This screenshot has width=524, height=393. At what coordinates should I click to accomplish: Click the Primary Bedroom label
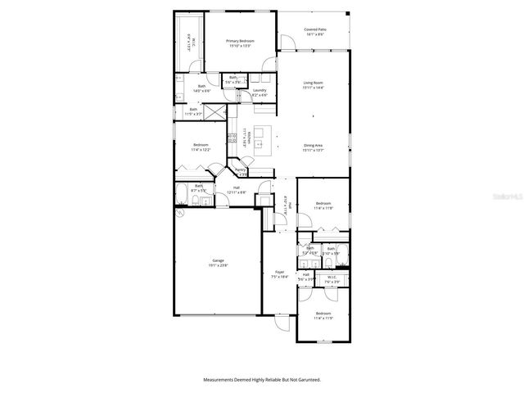tap(240, 43)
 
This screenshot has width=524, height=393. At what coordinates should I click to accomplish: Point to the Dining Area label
tap(314, 148)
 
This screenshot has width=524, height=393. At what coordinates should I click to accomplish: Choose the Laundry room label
tap(260, 93)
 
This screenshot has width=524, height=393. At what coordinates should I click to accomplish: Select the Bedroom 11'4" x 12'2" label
tap(201, 147)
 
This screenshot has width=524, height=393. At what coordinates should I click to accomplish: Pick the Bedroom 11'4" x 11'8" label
tap(323, 206)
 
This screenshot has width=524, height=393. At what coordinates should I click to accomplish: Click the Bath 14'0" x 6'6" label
tap(201, 89)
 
